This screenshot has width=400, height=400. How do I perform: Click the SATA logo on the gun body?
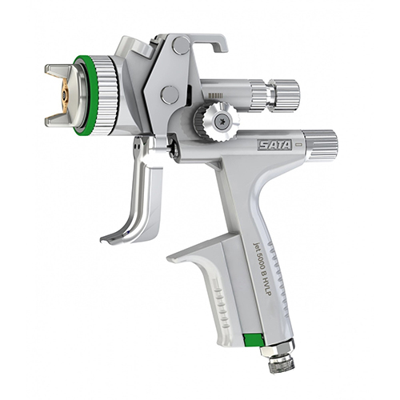pos(274,145)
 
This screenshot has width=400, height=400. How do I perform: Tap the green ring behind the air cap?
pos(86,95)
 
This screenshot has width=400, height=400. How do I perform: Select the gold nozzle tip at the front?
pos(64,95)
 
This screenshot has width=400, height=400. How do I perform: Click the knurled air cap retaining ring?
pos(107,95)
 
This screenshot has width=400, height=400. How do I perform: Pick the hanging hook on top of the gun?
pos(202,42)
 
